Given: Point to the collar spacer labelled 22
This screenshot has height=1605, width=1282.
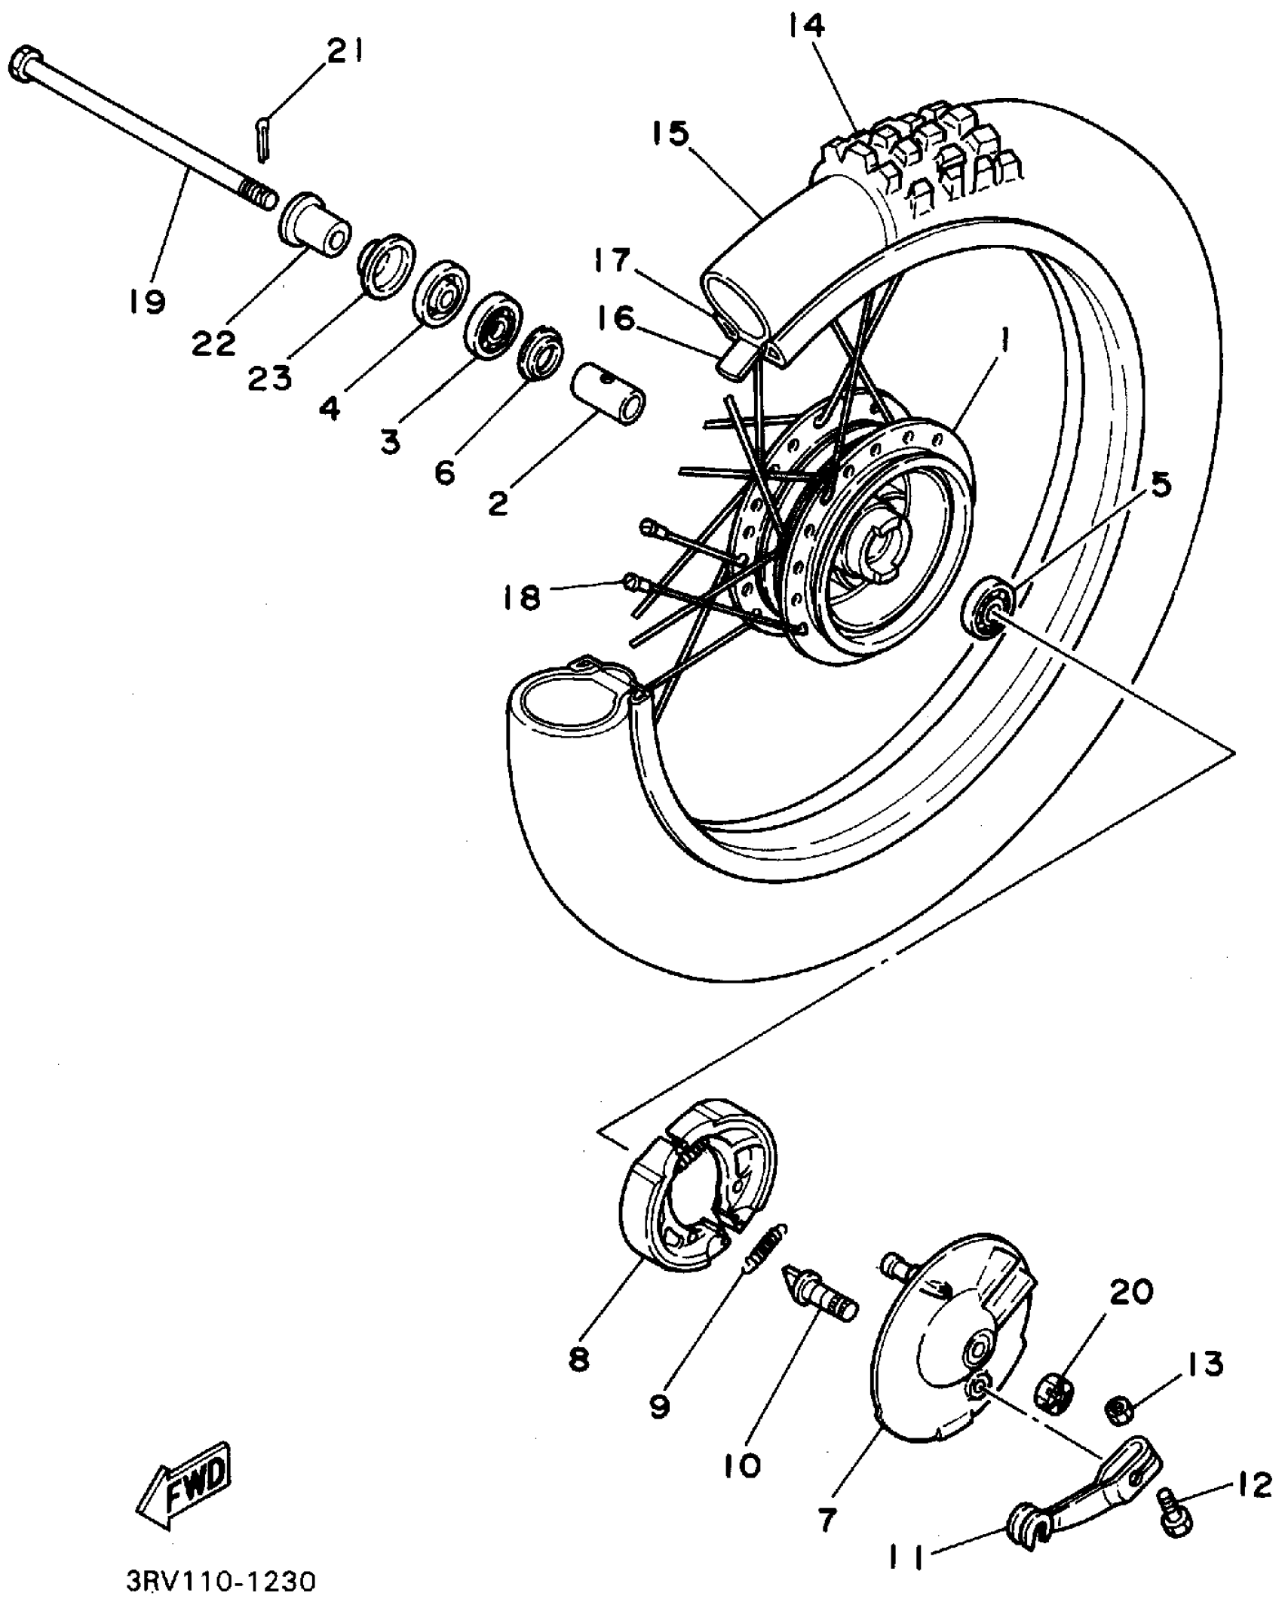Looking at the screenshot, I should [315, 226].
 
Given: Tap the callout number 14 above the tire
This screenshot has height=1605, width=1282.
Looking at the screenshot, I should [806, 27].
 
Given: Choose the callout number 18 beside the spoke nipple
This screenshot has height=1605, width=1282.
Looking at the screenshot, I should [522, 598].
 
